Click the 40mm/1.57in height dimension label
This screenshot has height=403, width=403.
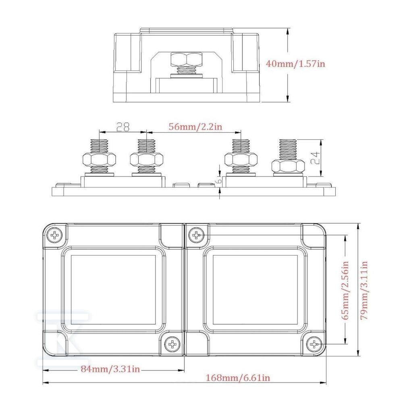coord(295,63)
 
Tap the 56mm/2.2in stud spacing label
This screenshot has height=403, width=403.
coord(195,127)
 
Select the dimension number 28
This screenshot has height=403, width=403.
coord(123,127)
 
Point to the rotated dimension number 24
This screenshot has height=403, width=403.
coord(315,158)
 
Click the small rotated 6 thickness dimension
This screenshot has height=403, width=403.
coord(219,181)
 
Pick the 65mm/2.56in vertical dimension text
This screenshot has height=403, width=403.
coord(346,291)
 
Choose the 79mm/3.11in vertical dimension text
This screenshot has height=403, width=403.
coord(364,291)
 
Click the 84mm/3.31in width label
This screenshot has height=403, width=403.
coord(110,369)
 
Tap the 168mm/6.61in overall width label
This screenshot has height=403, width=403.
coord(238,378)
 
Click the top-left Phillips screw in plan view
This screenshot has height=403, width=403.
coord(55,235)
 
